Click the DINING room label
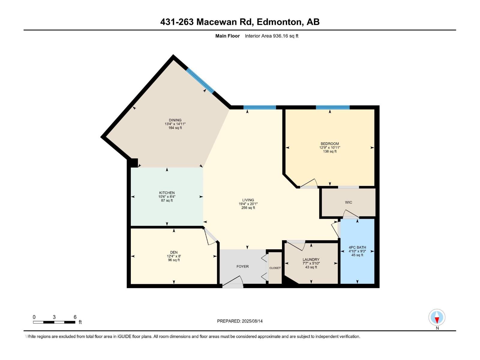pos(175,120)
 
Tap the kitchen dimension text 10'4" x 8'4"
pos(167,197)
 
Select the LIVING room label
pos(248,200)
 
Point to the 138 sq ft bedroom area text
pos(330,151)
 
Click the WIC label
pos(348,202)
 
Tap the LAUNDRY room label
pos(311,259)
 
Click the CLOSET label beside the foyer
pos(275,268)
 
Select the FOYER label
pos(242,266)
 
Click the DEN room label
pos(174,252)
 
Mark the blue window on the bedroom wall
pos(332,107)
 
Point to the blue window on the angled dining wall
pos(200,80)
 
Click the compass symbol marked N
pos(437,318)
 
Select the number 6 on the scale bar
pos(75,317)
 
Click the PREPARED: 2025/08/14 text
pos(240,321)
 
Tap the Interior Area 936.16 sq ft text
pos(271,36)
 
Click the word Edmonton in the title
pos(279,22)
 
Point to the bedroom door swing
pos(309,183)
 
